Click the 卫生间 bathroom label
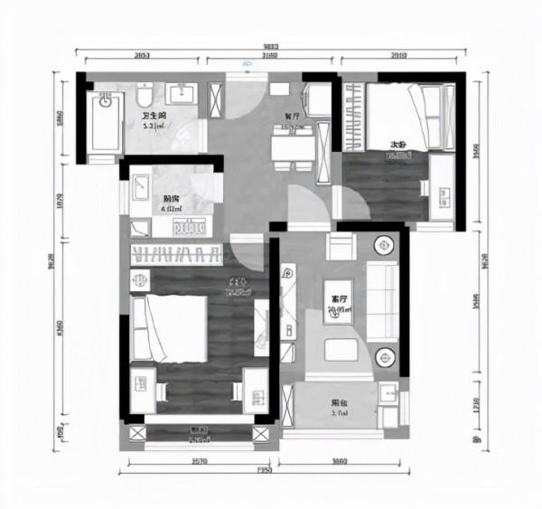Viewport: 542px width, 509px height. tap(153, 117)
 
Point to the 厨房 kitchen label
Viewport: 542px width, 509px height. tap(170, 200)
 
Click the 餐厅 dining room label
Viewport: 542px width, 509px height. tap(292, 117)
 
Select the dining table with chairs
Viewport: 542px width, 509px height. tap(294, 145)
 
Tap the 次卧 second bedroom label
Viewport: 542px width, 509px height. tap(397, 145)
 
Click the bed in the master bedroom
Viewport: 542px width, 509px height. tap(172, 325)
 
